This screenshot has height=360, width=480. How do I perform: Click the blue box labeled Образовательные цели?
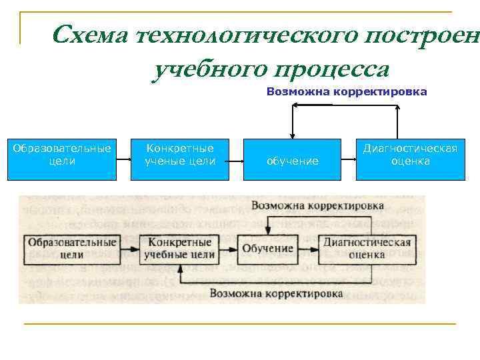click(x=62, y=159)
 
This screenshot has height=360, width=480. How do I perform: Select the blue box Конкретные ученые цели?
click(x=180, y=159)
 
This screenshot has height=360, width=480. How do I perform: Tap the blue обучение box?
click(x=292, y=159)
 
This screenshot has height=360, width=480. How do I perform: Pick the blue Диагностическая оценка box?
click(x=410, y=159)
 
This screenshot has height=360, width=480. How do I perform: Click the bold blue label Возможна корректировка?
click(x=347, y=92)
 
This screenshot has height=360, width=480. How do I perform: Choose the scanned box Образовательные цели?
click(x=72, y=248)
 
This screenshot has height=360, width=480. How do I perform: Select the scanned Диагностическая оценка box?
click(x=367, y=248)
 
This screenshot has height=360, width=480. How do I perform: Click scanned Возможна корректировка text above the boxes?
click(x=317, y=205)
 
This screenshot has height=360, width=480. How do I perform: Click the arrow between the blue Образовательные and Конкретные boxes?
click(x=123, y=160)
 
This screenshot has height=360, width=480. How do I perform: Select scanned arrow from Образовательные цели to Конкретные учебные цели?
click(x=129, y=248)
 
